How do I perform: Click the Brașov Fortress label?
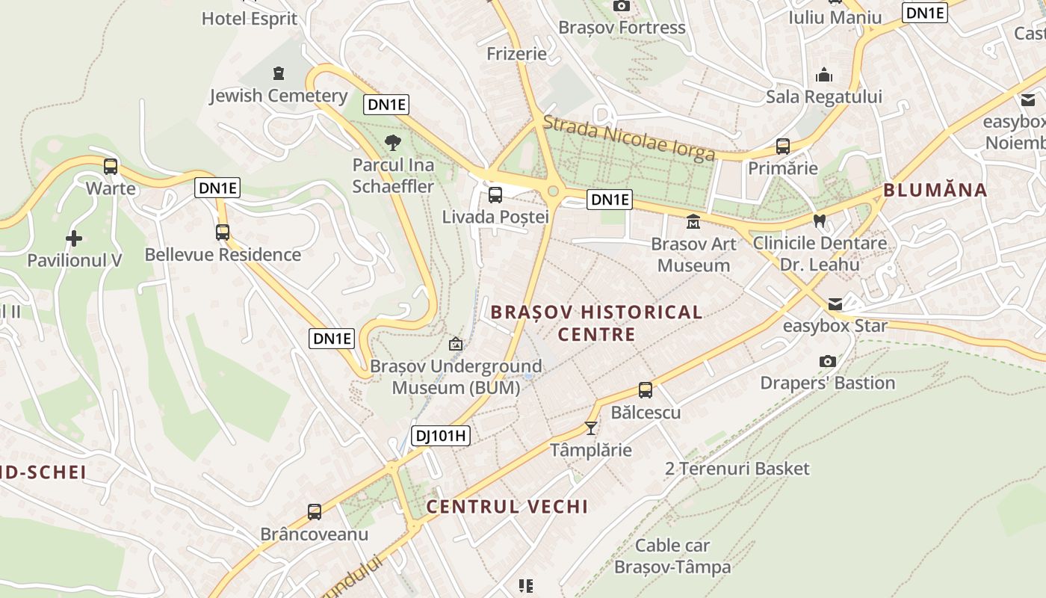coord(622,28)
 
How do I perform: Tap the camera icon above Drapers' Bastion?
coord(827,362)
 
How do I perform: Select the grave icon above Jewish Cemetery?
coord(279,73)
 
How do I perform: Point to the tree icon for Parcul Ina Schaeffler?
coord(392,143)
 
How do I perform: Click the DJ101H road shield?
coord(441,435)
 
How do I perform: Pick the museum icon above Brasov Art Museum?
coord(693,221)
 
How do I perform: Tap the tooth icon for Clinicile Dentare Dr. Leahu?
coord(820,221)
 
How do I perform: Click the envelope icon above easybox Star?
coord(835,304)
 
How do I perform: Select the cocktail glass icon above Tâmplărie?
coord(591,428)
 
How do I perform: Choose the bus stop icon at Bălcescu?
coord(646,390)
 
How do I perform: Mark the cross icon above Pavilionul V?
coord(74,238)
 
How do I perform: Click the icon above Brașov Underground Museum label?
coord(455,344)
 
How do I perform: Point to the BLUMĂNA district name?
coord(935,190)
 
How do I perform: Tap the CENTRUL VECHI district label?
coord(507,506)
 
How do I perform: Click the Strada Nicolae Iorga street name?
coord(629,140)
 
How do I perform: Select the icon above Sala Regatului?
coord(824,75)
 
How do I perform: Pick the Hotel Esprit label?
coord(250,19)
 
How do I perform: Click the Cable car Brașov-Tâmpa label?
coord(672,556)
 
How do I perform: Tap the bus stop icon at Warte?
coord(111,167)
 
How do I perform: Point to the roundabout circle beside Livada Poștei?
coord(553,191)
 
